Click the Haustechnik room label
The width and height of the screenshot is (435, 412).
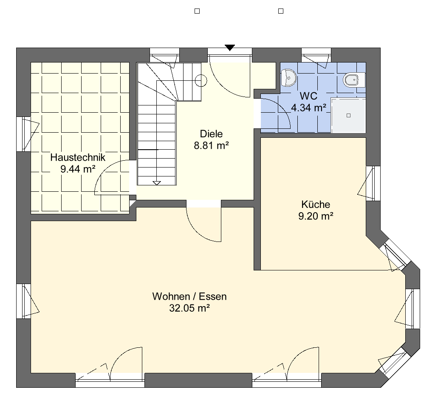point(78,157)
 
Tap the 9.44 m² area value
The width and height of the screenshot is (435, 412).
point(78,169)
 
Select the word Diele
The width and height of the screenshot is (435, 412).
point(212,134)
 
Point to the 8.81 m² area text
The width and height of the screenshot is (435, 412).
point(212,145)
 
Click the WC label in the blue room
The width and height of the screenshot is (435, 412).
point(308,96)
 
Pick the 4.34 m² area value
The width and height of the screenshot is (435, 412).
point(308,108)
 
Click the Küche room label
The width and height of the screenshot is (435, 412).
point(316,205)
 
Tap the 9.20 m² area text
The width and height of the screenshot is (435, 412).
point(316,216)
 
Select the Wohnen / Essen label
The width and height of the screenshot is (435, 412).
point(189,296)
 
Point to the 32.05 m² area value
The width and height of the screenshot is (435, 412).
point(189,308)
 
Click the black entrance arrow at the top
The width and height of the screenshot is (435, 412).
point(230,48)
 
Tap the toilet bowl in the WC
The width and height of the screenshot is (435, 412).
point(354,80)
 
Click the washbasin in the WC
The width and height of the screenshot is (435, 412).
point(288,78)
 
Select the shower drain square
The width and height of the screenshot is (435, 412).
point(349,116)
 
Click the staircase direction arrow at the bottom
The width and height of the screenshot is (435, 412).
point(157,183)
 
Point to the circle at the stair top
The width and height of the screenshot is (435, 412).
point(201,80)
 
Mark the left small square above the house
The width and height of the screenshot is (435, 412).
point(197,11)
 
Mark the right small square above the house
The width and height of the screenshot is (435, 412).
point(281,11)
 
